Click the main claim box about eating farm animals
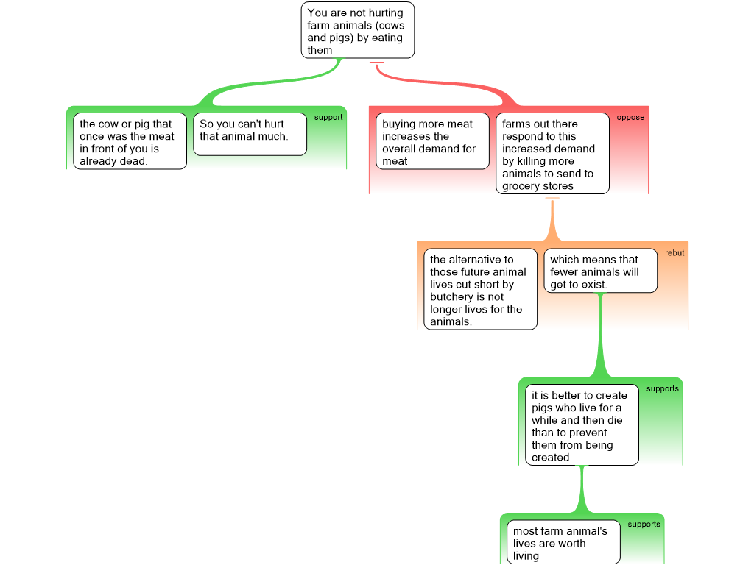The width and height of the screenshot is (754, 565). [x=357, y=30]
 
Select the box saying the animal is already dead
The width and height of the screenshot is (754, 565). [x=130, y=142]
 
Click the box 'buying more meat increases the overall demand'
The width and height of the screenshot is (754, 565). [x=432, y=142]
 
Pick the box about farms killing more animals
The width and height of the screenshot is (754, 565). [x=552, y=154]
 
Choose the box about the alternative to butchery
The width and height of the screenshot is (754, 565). [x=480, y=290]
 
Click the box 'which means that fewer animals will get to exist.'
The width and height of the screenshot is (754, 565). [x=600, y=271]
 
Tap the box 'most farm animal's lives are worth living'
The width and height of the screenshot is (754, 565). [x=563, y=543]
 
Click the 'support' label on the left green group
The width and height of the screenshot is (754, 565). [x=328, y=118]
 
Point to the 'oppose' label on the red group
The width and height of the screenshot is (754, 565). [x=630, y=118]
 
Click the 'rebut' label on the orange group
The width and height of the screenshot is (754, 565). [x=674, y=253]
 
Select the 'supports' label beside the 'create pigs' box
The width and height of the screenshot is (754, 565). [x=662, y=388]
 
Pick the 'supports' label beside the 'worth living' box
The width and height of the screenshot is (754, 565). [x=644, y=525]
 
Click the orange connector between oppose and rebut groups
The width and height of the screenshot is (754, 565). [x=552, y=221]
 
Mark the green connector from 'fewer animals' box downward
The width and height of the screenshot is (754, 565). [x=601, y=338]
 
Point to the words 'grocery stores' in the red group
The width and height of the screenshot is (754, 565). [x=538, y=186]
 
